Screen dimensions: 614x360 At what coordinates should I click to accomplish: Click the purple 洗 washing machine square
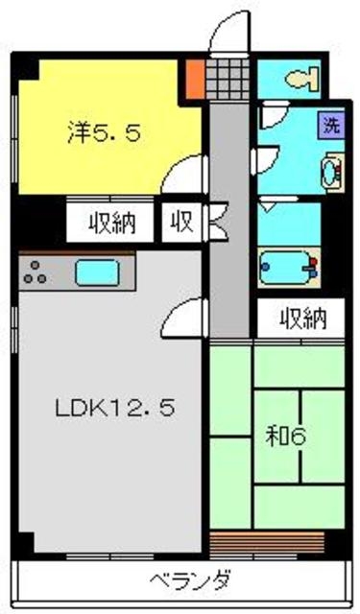(330, 125)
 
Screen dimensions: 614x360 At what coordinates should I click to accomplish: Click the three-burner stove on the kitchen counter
(36, 273)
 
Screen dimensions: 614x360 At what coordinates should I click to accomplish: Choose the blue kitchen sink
(97, 272)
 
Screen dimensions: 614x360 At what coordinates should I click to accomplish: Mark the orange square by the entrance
(195, 77)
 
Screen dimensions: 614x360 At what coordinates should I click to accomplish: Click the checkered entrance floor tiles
(228, 75)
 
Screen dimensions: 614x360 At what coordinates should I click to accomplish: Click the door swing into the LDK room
(185, 314)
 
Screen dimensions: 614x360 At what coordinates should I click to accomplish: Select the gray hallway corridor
(229, 230)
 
